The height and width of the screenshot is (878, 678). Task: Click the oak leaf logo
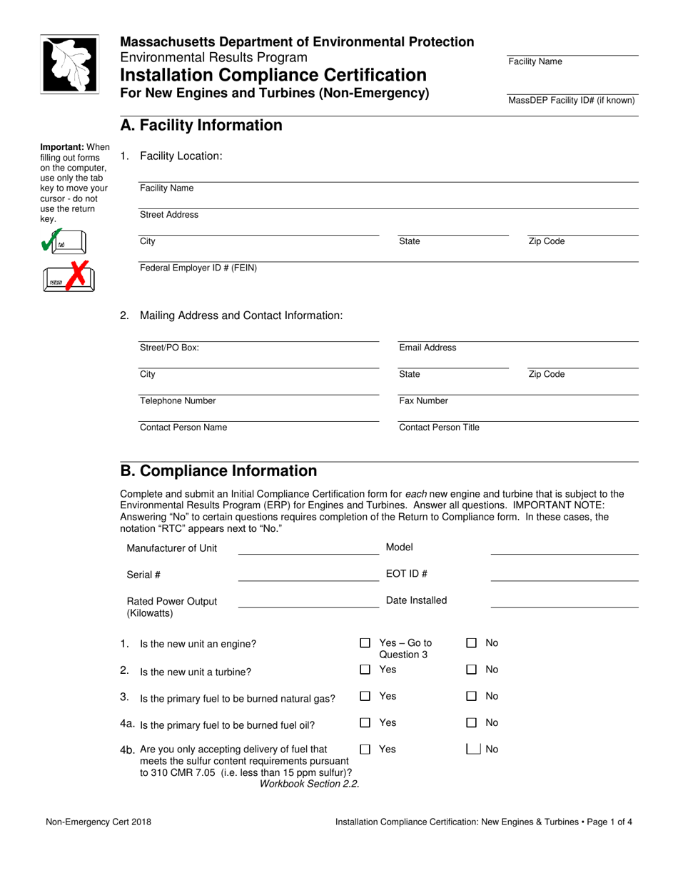click(x=69, y=64)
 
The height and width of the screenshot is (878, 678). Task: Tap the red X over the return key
click(x=79, y=273)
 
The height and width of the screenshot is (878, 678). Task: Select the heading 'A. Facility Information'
click(x=201, y=126)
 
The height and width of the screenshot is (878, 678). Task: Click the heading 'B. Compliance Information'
click(x=218, y=471)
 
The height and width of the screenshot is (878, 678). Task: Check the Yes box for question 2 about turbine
click(x=365, y=670)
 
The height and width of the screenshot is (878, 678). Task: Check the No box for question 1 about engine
click(x=472, y=643)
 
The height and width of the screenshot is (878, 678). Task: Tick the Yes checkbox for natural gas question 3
click(x=365, y=697)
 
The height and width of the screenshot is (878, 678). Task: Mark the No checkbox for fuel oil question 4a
click(x=472, y=723)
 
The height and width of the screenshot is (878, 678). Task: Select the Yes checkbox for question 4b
click(x=365, y=750)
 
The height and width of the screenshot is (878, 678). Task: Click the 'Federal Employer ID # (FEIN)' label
click(x=198, y=268)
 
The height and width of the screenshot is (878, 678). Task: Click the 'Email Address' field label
click(x=427, y=348)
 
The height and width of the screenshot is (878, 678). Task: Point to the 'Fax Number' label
click(x=423, y=401)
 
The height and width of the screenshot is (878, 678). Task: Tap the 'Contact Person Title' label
click(x=439, y=428)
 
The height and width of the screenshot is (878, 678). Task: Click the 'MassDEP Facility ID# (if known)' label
click(x=571, y=101)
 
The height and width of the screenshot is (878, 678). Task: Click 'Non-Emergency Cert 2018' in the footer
click(x=98, y=822)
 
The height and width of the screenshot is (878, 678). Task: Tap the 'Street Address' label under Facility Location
click(x=169, y=215)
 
